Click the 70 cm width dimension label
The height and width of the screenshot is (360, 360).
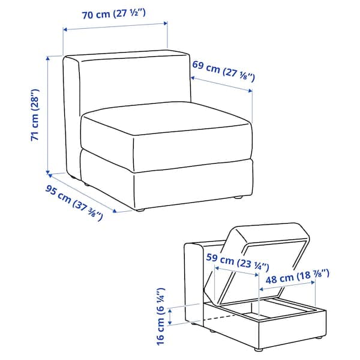[113, 15]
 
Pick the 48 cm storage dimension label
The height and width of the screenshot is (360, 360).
[298, 277]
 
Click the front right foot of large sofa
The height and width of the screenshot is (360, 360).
[239, 197]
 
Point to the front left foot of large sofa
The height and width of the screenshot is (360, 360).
[141, 210]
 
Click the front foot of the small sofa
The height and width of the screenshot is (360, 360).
[258, 349]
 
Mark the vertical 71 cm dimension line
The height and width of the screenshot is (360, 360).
[48, 114]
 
